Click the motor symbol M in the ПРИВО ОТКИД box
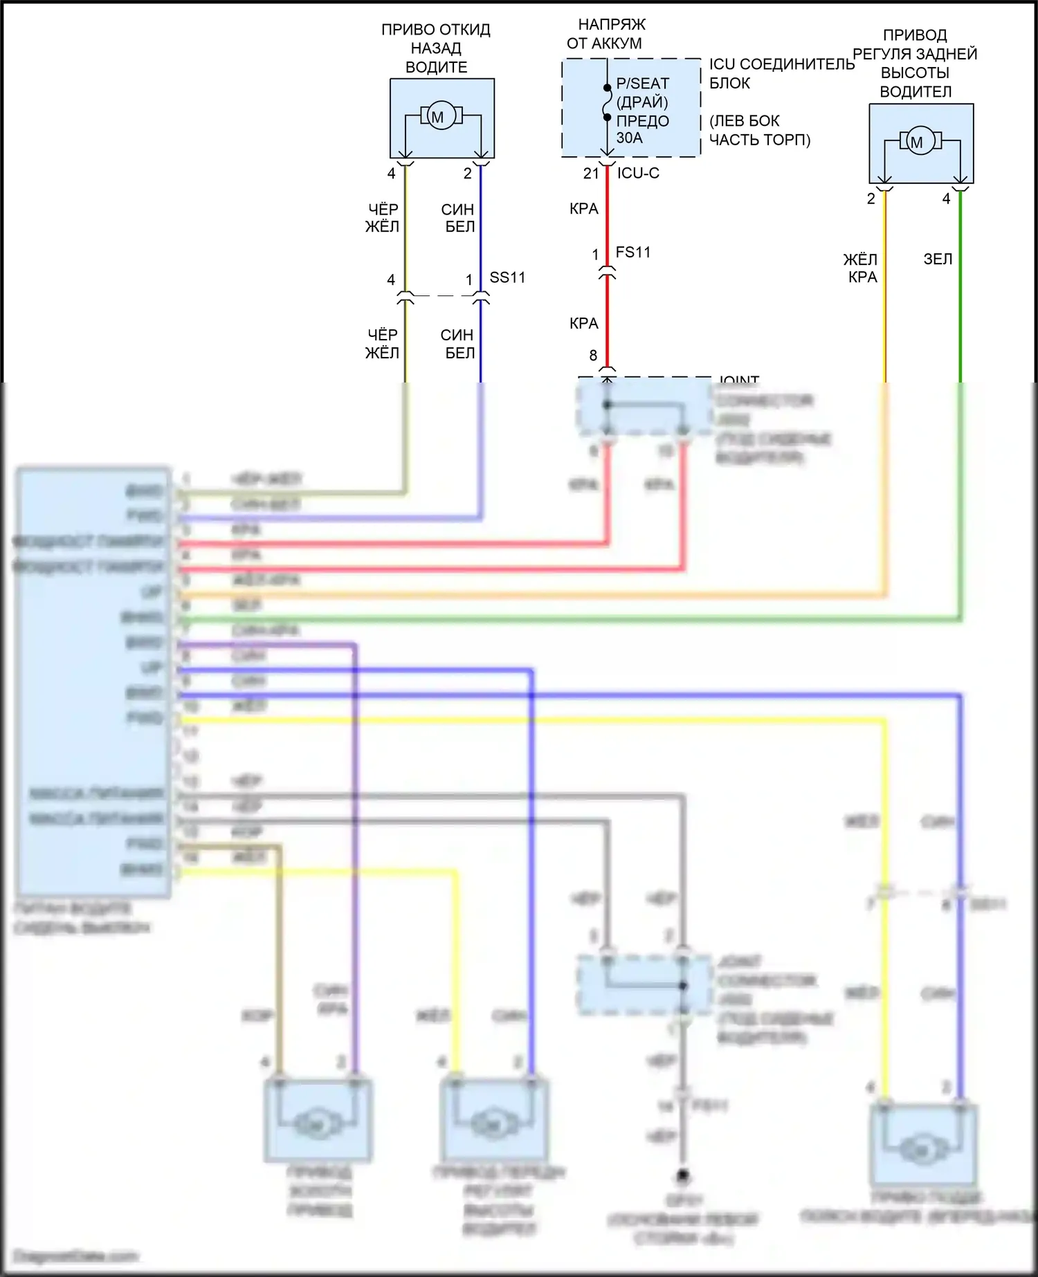(x=437, y=116)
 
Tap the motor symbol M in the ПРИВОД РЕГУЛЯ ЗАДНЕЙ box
(x=917, y=142)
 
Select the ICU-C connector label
(x=638, y=173)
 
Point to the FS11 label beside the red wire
(x=633, y=252)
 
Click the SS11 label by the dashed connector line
(x=507, y=277)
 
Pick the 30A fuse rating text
(x=630, y=138)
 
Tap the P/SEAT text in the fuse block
(x=643, y=84)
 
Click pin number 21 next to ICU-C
(x=591, y=174)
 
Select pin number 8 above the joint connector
(x=593, y=356)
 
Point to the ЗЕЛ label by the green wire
(x=938, y=259)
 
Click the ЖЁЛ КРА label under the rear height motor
(x=861, y=268)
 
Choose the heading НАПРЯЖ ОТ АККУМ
(x=606, y=34)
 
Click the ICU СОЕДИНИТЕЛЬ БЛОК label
(x=781, y=73)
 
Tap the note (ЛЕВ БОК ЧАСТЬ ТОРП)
(x=760, y=130)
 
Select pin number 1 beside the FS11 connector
(x=595, y=255)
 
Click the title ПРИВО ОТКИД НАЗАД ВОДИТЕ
(x=436, y=48)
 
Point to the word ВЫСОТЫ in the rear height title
(x=915, y=73)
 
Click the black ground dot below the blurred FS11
(x=683, y=1175)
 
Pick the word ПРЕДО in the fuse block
(x=643, y=121)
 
